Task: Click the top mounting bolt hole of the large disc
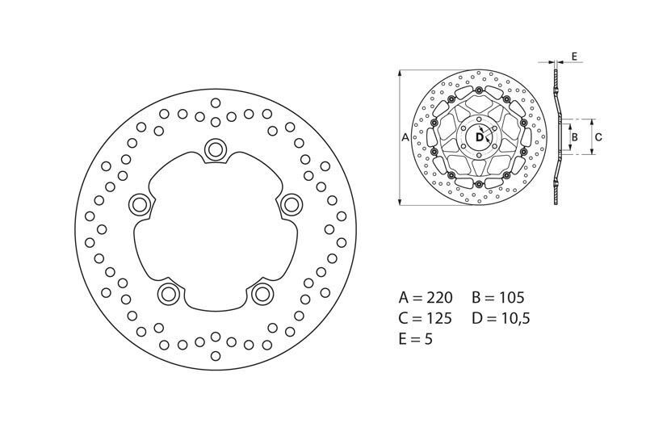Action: pos(216,149)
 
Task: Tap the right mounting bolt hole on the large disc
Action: pos(290,203)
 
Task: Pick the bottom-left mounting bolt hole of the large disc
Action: pos(168,292)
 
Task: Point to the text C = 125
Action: pos(426,317)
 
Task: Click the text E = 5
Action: pos(416,339)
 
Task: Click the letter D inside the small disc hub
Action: pos(478,137)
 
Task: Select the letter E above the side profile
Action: pos(573,56)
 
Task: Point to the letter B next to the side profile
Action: pos(574,137)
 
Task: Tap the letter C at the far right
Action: pos(598,137)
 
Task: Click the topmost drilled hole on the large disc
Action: pos(216,103)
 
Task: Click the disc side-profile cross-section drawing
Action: pos(556,137)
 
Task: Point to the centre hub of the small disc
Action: pos(479,138)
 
